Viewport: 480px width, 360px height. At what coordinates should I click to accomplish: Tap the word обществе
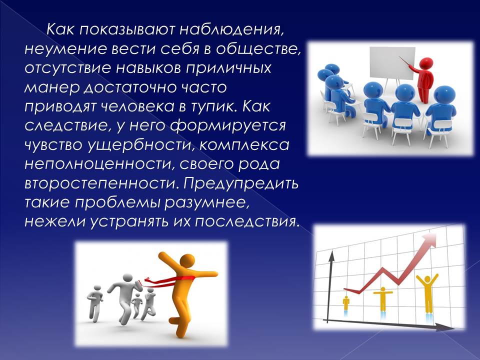[x=258, y=49]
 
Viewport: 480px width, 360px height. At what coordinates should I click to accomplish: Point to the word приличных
[x=228, y=68]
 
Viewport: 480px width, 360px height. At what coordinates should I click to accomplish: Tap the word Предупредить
[x=241, y=183]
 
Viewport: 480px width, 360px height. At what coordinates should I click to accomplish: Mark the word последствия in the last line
[x=246, y=221]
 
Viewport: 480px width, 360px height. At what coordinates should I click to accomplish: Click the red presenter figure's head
[x=426, y=63]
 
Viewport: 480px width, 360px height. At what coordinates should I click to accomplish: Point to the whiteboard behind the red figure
[x=392, y=63]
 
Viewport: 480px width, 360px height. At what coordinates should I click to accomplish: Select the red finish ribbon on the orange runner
[x=168, y=280]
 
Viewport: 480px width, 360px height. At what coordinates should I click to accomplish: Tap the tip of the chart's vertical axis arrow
[x=331, y=251]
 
